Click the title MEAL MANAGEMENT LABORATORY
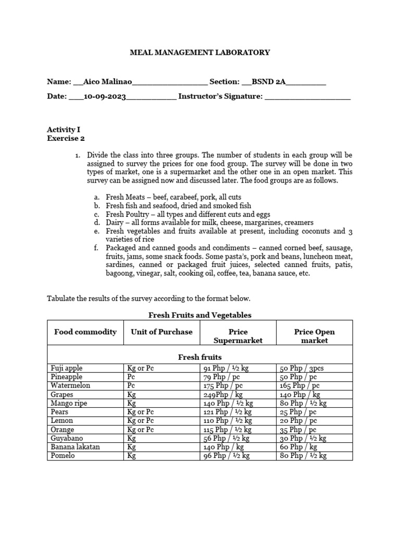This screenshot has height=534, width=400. click(x=199, y=52)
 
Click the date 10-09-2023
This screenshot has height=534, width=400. click(x=104, y=96)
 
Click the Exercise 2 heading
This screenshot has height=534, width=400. click(x=66, y=138)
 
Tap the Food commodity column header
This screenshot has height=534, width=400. click(x=85, y=332)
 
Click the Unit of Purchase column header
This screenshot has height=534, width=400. click(x=161, y=332)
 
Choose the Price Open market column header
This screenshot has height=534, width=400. click(x=314, y=336)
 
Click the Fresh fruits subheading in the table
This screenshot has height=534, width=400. click(x=199, y=357)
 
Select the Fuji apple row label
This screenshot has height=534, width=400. click(x=67, y=368)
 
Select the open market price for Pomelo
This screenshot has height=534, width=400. click(x=303, y=456)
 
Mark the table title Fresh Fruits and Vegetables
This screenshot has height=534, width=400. click(x=200, y=315)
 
